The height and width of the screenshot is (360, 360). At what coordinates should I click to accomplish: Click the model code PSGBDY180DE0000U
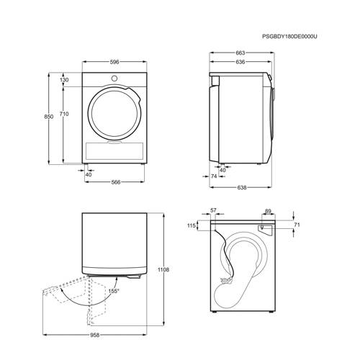(289, 37)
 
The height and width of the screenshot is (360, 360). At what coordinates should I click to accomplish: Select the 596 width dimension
(114, 62)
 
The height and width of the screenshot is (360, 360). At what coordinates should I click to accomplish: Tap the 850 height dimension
(49, 117)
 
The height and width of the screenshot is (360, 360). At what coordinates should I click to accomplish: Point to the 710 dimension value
(64, 114)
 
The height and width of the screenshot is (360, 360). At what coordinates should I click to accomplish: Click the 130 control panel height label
(64, 80)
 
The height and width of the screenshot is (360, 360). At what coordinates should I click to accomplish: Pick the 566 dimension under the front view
(116, 182)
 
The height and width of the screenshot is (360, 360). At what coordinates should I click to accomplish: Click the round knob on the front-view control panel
(114, 78)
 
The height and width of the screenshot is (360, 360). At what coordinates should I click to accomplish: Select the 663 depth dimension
(240, 53)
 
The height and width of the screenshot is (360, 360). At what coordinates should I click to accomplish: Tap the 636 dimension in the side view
(240, 62)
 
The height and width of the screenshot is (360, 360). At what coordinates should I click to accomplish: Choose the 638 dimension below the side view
(242, 187)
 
